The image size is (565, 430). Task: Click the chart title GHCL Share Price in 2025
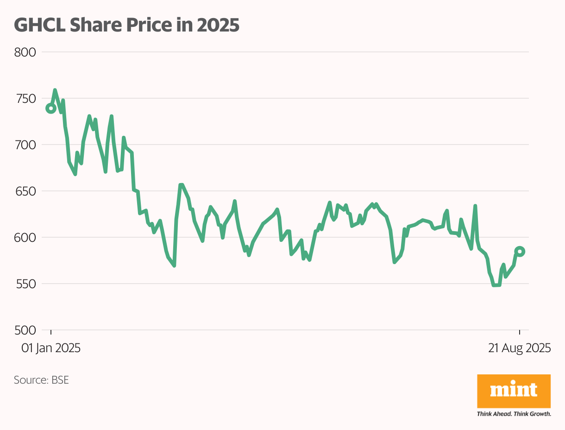(126, 25)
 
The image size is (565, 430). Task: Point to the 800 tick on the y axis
(25, 52)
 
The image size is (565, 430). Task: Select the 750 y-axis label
(25, 99)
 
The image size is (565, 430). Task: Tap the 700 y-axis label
(25, 145)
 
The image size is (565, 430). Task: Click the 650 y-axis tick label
(25, 191)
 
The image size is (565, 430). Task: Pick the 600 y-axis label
(25, 238)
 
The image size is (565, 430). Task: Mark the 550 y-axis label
(25, 284)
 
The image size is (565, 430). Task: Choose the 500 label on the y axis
(25, 330)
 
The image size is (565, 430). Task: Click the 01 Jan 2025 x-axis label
(51, 348)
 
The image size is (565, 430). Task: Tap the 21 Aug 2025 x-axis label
(519, 348)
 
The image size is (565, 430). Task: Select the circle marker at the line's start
(51, 108)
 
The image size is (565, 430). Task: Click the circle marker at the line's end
(520, 252)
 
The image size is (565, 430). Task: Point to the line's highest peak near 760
(55, 90)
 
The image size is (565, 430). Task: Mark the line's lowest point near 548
(496, 285)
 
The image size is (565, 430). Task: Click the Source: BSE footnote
(41, 380)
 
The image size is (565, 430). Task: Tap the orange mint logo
(514, 392)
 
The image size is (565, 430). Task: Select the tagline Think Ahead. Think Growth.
(514, 414)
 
